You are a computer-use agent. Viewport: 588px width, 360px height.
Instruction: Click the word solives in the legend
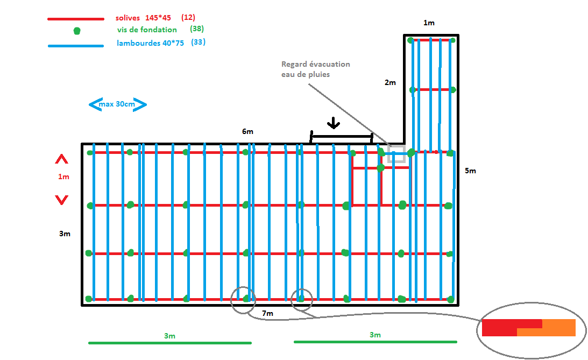coord(127,18)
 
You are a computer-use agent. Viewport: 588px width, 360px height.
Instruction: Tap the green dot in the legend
coord(77,31)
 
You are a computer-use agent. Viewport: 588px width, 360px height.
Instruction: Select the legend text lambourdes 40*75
coord(150,43)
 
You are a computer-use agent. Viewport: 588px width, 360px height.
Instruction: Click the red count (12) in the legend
coord(188,18)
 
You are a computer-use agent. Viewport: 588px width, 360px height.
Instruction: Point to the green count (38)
coord(197,29)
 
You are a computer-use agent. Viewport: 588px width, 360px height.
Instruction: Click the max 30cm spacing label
coord(117,104)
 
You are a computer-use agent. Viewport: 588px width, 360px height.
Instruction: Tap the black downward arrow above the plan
coord(334,123)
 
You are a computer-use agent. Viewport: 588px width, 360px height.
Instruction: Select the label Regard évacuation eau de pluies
coord(315,69)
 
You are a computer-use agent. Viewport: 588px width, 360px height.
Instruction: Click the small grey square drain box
coord(396,154)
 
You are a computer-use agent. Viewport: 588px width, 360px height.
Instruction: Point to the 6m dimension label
coord(247,132)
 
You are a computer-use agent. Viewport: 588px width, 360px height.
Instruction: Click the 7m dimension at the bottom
coord(267,313)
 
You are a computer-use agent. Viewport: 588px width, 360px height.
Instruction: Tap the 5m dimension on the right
coord(470,171)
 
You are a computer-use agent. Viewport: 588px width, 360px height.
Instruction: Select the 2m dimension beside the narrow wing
coord(390,83)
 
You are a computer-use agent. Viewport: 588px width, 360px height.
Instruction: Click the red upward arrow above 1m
coord(61,159)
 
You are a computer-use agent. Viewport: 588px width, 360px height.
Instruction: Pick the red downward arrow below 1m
coord(61,200)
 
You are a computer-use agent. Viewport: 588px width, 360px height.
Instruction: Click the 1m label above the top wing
coord(429,23)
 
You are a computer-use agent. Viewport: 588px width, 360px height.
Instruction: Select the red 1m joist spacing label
coord(63,177)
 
